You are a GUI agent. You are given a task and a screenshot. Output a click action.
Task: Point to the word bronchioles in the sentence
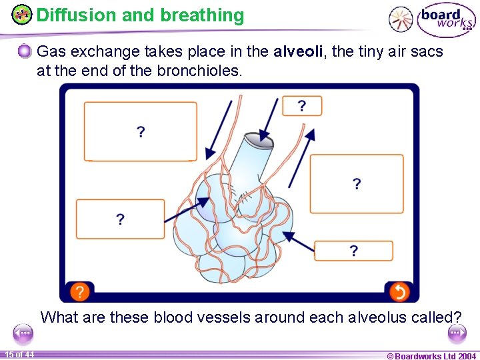pyautogui.click(x=199, y=70)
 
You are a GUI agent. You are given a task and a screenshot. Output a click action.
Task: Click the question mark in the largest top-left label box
pyautogui.click(x=141, y=132)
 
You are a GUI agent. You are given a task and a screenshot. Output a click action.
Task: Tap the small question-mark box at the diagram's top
pyautogui.click(x=302, y=106)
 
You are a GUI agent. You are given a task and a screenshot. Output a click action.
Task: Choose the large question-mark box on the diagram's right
pyautogui.click(x=357, y=184)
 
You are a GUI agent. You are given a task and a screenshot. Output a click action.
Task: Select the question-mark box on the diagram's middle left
pyautogui.click(x=120, y=219)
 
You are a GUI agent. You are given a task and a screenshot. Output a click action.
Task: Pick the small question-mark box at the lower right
pyautogui.click(x=353, y=251)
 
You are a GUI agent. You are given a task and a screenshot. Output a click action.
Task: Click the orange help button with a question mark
pyautogui.click(x=79, y=291)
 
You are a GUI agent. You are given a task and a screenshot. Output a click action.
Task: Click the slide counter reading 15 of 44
pyautogui.click(x=20, y=354)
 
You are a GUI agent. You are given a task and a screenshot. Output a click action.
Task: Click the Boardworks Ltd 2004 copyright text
pyautogui.click(x=431, y=355)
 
